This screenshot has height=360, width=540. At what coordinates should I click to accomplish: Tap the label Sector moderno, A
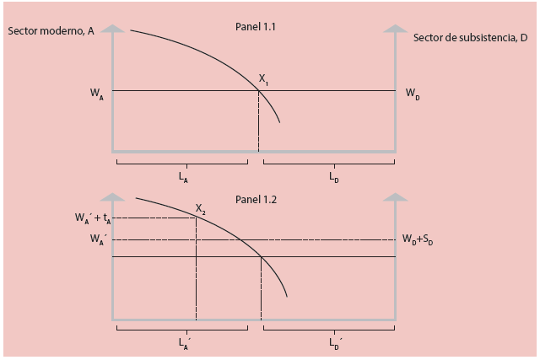tap(51, 32)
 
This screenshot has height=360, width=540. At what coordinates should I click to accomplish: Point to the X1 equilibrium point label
tap(265, 80)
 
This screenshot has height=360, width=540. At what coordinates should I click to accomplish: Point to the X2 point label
tap(201, 208)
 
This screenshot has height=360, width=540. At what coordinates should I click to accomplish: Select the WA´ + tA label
tap(100, 218)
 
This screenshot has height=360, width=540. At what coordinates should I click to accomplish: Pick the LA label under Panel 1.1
tap(184, 177)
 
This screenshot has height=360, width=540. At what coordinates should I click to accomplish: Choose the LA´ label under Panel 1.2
tap(185, 342)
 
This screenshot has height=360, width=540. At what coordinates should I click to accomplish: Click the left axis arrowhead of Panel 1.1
tap(112, 28)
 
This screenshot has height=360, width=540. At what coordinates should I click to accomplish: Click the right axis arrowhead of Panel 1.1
tap(396, 28)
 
